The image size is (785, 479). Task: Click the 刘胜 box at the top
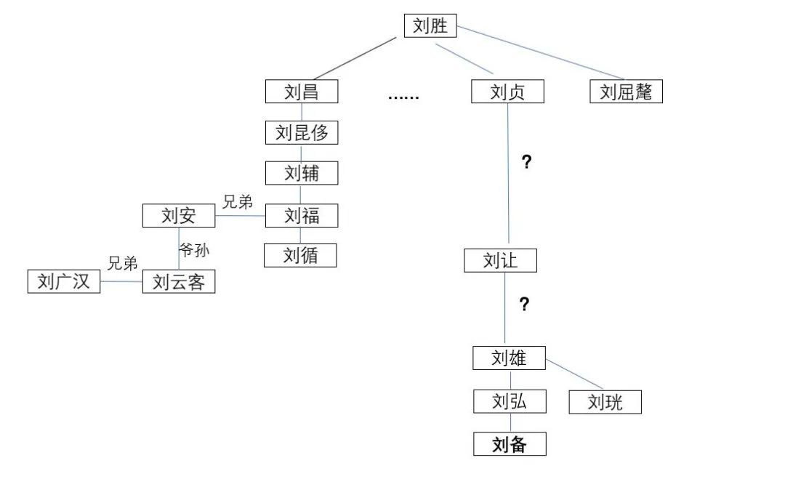click(x=430, y=27)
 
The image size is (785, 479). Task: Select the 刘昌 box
click(x=301, y=92)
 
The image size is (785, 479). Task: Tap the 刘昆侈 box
click(x=302, y=132)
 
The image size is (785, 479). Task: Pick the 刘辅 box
click(x=302, y=173)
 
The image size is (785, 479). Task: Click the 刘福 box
click(x=302, y=215)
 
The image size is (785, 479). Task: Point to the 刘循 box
click(x=300, y=255)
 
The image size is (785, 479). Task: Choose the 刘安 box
click(x=179, y=215)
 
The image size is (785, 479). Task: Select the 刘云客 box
click(x=179, y=282)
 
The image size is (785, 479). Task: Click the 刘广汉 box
click(x=64, y=281)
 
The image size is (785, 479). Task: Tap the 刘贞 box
click(x=507, y=92)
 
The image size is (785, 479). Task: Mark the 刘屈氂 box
click(x=626, y=92)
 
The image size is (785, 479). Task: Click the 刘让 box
click(x=500, y=260)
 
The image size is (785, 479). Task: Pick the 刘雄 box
click(x=509, y=358)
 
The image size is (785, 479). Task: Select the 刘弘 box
click(x=509, y=400)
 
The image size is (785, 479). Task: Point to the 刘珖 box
click(x=605, y=401)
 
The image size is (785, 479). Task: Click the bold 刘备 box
click(x=509, y=443)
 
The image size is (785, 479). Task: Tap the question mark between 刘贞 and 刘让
click(x=527, y=162)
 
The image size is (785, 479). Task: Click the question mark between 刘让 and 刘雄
click(x=524, y=305)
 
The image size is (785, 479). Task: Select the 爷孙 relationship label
click(x=195, y=250)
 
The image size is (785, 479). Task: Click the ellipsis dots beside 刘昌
click(x=403, y=97)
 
